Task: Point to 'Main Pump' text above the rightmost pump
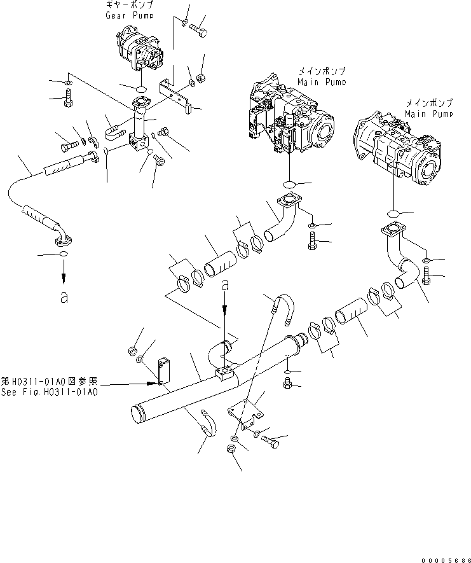pos(429,113)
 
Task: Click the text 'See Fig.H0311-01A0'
pos(50,393)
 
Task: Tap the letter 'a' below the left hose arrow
pos(63,298)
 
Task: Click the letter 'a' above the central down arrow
pos(224,288)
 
